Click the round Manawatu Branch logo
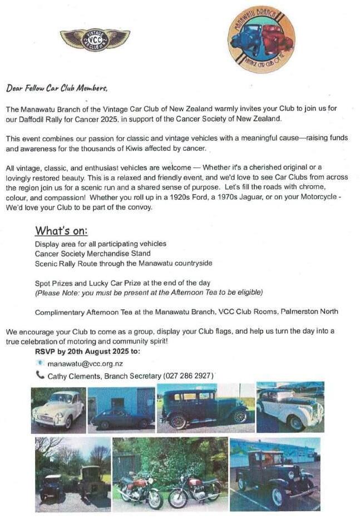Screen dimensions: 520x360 [262, 39]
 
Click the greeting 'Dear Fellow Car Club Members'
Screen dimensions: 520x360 [56, 88]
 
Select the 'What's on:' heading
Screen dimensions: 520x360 [61, 231]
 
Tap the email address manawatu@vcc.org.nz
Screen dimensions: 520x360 [85, 364]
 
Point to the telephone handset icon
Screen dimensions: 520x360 [40, 375]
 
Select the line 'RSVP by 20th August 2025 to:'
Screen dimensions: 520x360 [88, 351]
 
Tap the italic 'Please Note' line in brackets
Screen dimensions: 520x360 [149, 292]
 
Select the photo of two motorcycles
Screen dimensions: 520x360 [170, 474]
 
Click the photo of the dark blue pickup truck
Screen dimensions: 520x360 [275, 474]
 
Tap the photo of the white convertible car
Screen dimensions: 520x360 [290, 407]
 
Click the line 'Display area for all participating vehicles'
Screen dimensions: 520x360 [101, 244]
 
